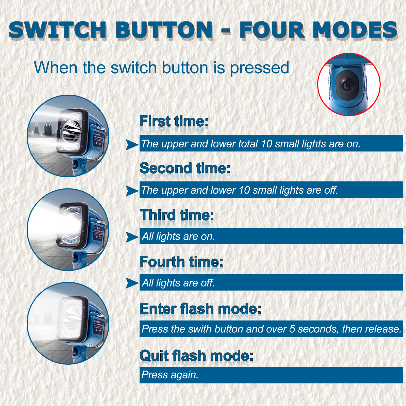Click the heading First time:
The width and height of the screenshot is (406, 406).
[x=174, y=121]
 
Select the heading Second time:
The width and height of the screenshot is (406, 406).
[x=185, y=168]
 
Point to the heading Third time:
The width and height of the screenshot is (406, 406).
[x=177, y=215]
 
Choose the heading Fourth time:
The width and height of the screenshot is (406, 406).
[x=181, y=262]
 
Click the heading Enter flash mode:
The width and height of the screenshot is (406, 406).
[x=200, y=309]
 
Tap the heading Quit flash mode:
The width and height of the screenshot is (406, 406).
[x=196, y=356]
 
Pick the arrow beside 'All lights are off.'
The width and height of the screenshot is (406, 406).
[x=132, y=283]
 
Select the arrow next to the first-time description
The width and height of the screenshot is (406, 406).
[x=132, y=145]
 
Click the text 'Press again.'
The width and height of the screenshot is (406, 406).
[x=170, y=375]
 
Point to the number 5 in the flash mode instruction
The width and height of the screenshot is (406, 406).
[x=292, y=329]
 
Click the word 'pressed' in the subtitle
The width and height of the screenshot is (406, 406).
[x=260, y=68]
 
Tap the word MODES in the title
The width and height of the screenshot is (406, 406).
[x=355, y=30]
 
